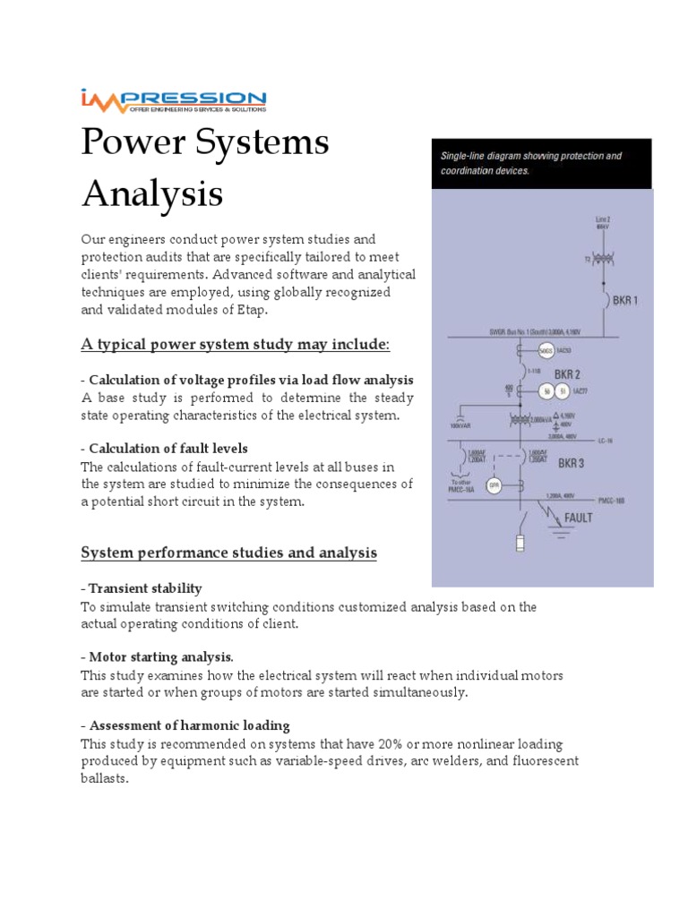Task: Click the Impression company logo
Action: (x=172, y=100)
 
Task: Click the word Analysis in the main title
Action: (x=152, y=193)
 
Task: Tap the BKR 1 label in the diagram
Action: (x=624, y=301)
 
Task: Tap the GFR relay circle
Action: (x=493, y=485)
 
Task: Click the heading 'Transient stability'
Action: (x=144, y=588)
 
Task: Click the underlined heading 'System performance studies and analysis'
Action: (x=228, y=553)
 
